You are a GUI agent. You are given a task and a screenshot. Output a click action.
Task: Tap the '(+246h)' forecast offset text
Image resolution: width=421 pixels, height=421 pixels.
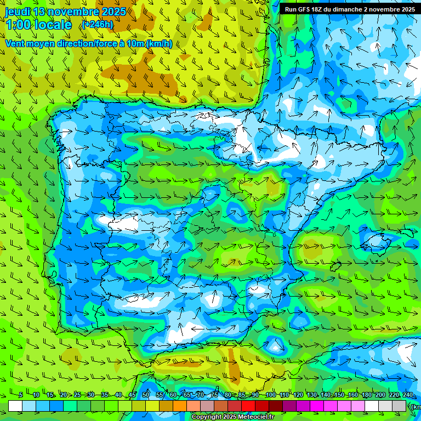tap(97, 25)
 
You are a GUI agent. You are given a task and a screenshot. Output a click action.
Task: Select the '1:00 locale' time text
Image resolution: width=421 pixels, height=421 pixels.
tap(38, 25)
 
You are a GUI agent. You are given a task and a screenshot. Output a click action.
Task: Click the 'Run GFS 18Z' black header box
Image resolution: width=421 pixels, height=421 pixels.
tap(349, 9)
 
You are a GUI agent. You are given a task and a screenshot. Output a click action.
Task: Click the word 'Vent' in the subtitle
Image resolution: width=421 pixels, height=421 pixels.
tap(16, 44)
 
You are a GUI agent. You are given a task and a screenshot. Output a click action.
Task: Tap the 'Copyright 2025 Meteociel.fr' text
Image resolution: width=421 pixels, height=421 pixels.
tap(232, 417)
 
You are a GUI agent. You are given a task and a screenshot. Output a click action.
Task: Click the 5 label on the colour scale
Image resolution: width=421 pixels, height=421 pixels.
tap(20, 395)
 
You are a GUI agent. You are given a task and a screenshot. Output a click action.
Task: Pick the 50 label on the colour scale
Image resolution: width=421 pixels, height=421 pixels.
tap(146, 395)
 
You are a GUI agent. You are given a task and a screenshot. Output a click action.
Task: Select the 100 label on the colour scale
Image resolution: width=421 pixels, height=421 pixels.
tap(270, 395)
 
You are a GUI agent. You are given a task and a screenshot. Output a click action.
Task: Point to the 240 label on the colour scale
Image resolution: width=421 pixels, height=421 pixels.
tap(407, 395)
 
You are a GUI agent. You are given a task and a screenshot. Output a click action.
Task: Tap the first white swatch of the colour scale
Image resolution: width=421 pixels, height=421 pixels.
tap(15, 406)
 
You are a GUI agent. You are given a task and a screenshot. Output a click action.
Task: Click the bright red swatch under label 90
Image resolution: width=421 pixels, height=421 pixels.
tap(248, 406)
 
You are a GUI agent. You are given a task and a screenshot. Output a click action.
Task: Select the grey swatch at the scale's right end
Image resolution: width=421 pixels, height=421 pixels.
tap(399, 406)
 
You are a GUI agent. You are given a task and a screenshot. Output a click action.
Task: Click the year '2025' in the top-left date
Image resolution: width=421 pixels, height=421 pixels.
tap(113, 12)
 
